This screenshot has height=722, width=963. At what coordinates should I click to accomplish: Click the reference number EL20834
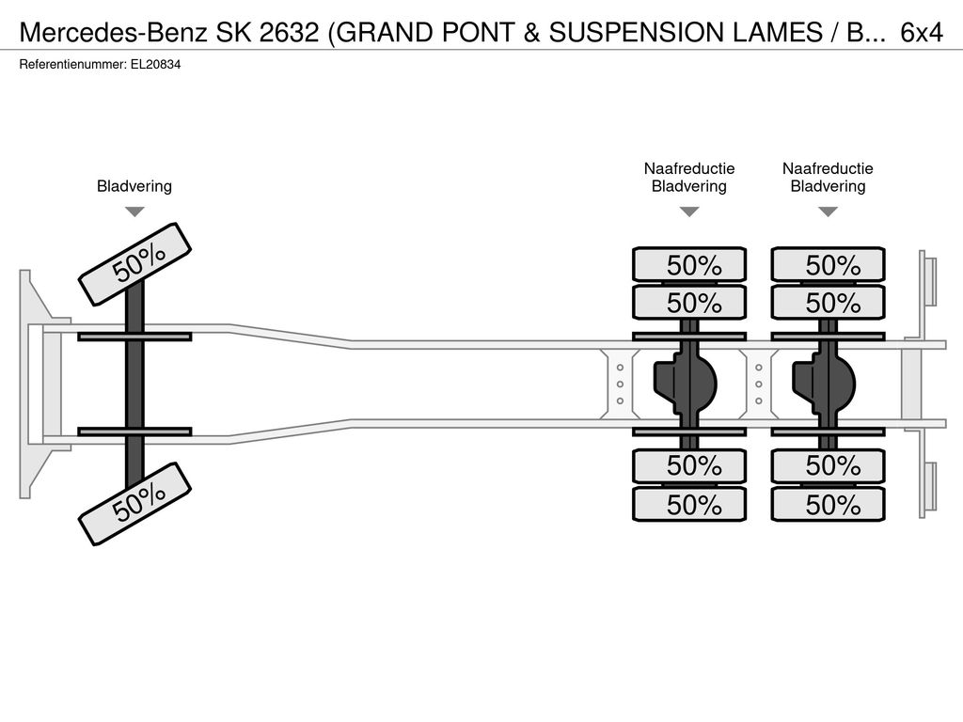(x=155, y=65)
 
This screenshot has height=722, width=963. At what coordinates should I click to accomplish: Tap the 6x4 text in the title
(x=922, y=33)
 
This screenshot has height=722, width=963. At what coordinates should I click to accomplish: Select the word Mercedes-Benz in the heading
(x=114, y=33)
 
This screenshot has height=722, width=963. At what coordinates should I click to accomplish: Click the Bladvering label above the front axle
(x=134, y=186)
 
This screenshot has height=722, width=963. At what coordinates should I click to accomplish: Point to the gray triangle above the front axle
(x=134, y=212)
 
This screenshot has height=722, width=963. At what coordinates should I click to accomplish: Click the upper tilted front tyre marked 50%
(x=135, y=264)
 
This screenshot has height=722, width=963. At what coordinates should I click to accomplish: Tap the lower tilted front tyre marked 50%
(x=135, y=504)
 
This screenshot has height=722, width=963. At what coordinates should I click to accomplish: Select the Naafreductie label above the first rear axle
(x=689, y=168)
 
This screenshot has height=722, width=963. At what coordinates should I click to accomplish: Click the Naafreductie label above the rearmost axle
(x=828, y=168)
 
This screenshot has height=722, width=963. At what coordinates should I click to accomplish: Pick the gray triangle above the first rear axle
(x=689, y=212)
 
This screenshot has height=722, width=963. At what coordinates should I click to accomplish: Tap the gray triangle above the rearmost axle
(x=829, y=212)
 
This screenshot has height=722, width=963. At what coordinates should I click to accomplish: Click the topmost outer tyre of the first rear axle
(x=689, y=264)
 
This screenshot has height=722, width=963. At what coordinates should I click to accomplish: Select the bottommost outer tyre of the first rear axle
(x=689, y=505)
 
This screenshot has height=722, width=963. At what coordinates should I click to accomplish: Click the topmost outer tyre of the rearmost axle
(x=829, y=264)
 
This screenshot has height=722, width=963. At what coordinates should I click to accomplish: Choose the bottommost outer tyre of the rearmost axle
(x=829, y=505)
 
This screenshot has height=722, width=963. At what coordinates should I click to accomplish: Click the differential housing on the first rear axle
(x=685, y=385)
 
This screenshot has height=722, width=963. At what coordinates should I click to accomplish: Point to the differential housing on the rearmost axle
(x=823, y=385)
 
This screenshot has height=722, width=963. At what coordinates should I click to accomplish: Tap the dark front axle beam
(x=134, y=382)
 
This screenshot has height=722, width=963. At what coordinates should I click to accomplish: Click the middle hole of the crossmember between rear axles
(x=759, y=385)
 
